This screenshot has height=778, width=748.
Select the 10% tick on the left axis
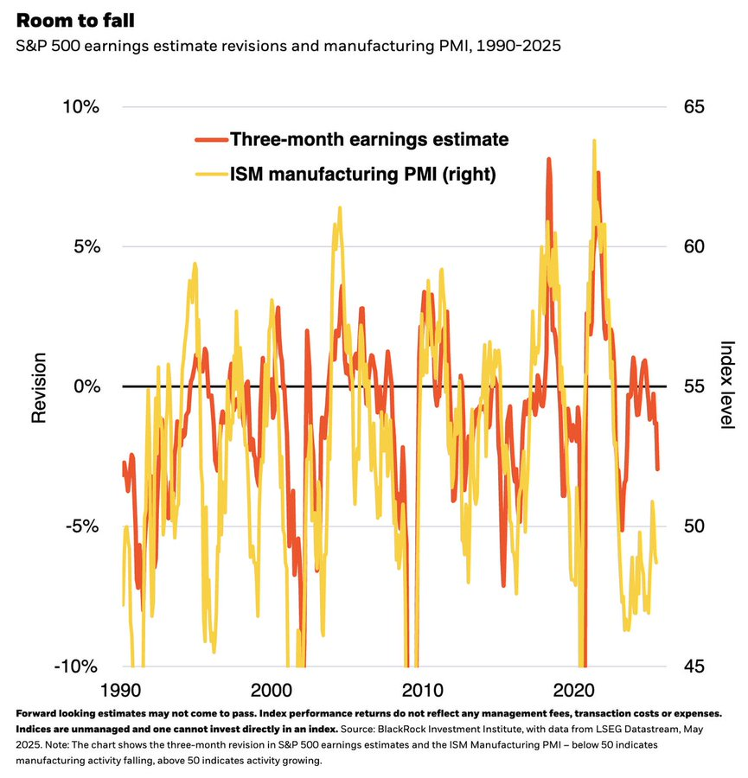pyautogui.click(x=80, y=106)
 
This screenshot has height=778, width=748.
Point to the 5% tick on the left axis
pyautogui.click(x=85, y=246)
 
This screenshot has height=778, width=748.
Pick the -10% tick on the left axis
pyautogui.click(x=78, y=666)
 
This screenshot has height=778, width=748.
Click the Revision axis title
pyautogui.click(x=38, y=386)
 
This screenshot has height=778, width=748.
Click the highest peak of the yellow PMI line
pyautogui.click(x=594, y=140)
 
